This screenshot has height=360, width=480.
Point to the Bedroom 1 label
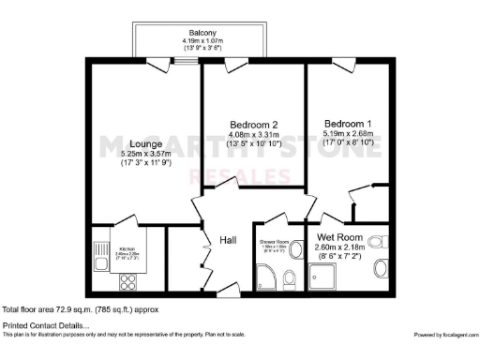[x=349, y=123]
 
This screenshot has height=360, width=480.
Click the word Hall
[x=227, y=240]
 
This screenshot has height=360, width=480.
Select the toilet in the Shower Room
[x=290, y=277]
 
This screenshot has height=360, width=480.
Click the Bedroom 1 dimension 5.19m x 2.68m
[x=349, y=134]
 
